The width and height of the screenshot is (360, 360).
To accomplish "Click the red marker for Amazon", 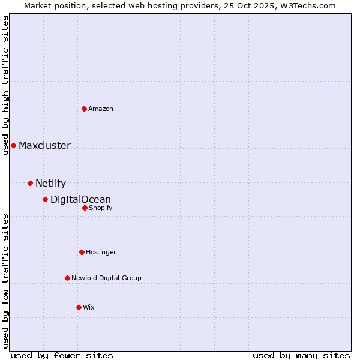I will (x=84, y=109).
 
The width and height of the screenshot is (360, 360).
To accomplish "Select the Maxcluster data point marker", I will (x=13, y=145).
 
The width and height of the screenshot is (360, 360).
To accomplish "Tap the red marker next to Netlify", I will (x=30, y=183).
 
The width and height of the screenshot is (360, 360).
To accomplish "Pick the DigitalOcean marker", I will (x=45, y=199).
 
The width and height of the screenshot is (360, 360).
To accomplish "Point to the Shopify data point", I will (x=85, y=208).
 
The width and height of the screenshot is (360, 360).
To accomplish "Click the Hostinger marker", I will (x=82, y=252).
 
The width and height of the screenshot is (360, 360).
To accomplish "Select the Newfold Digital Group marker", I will (x=67, y=278).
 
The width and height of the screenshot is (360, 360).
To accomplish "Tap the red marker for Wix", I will (x=79, y=307).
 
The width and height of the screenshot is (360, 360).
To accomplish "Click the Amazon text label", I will (x=101, y=109).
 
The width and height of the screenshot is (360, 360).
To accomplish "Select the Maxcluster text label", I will (x=44, y=145).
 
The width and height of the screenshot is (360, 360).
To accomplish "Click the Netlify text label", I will (x=50, y=183).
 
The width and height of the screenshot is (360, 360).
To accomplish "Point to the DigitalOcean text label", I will (x=80, y=199).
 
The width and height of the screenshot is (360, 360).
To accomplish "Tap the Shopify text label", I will (x=100, y=208).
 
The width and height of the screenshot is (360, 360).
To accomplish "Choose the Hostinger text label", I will (x=101, y=252).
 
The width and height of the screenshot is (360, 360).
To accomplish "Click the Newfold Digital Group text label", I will (x=106, y=278).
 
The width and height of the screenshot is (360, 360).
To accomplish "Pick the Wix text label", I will (x=89, y=307).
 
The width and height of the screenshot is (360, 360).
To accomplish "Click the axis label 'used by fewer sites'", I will (x=62, y=355).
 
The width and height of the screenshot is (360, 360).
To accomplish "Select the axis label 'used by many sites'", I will (x=301, y=355).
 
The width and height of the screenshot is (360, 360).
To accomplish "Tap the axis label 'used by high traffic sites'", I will (x=5, y=85).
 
